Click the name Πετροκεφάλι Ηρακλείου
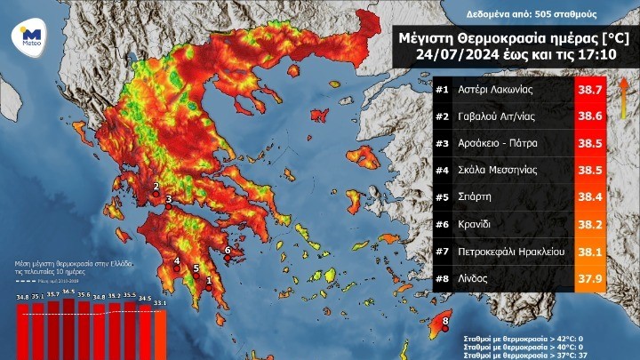[x=511, y=252]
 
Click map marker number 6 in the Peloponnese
[x=228, y=251]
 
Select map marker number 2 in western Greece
[x=156, y=187]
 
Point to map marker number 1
[x=209, y=281]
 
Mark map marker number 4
[x=177, y=261]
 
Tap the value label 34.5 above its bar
[x=145, y=299]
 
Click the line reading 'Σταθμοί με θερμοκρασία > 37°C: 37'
[x=524, y=353]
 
